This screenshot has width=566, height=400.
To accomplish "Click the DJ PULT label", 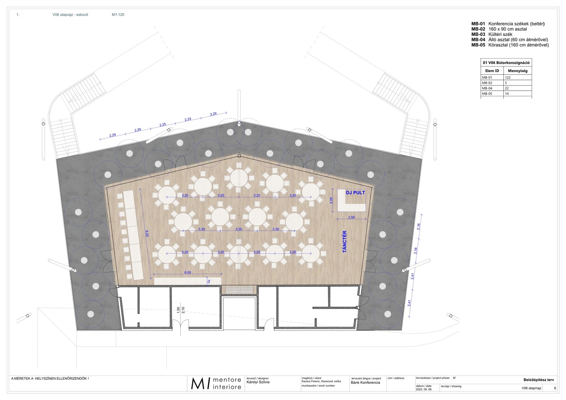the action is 355,193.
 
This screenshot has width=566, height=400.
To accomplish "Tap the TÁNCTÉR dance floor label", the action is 345,242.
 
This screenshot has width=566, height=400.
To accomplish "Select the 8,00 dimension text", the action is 147,233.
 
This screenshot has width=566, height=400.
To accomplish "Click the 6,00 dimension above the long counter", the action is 188,272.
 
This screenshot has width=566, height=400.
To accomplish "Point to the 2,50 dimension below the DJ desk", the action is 351,217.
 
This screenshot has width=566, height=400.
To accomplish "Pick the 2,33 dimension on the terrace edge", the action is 188,119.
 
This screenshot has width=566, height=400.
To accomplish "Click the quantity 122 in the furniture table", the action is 508,78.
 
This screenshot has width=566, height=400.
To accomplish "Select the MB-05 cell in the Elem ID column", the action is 487,94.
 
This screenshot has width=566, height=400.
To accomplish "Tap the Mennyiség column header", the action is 518,71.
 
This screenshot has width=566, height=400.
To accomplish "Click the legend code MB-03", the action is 478,34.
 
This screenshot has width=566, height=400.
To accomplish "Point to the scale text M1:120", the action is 118,15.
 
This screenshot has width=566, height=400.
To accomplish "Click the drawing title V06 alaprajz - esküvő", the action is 70,15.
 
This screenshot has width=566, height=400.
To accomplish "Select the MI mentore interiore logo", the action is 216,383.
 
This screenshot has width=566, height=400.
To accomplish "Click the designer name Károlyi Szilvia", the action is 258,382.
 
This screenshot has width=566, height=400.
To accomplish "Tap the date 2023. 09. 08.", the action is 424,389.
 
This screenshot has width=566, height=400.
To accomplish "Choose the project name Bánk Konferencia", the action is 365,383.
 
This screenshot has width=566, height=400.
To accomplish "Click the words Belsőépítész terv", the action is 539,380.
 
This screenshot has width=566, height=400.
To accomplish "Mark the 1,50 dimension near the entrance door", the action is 178,310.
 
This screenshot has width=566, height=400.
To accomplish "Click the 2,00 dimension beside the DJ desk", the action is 331,200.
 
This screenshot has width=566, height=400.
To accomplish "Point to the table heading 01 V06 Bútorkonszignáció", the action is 506,63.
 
